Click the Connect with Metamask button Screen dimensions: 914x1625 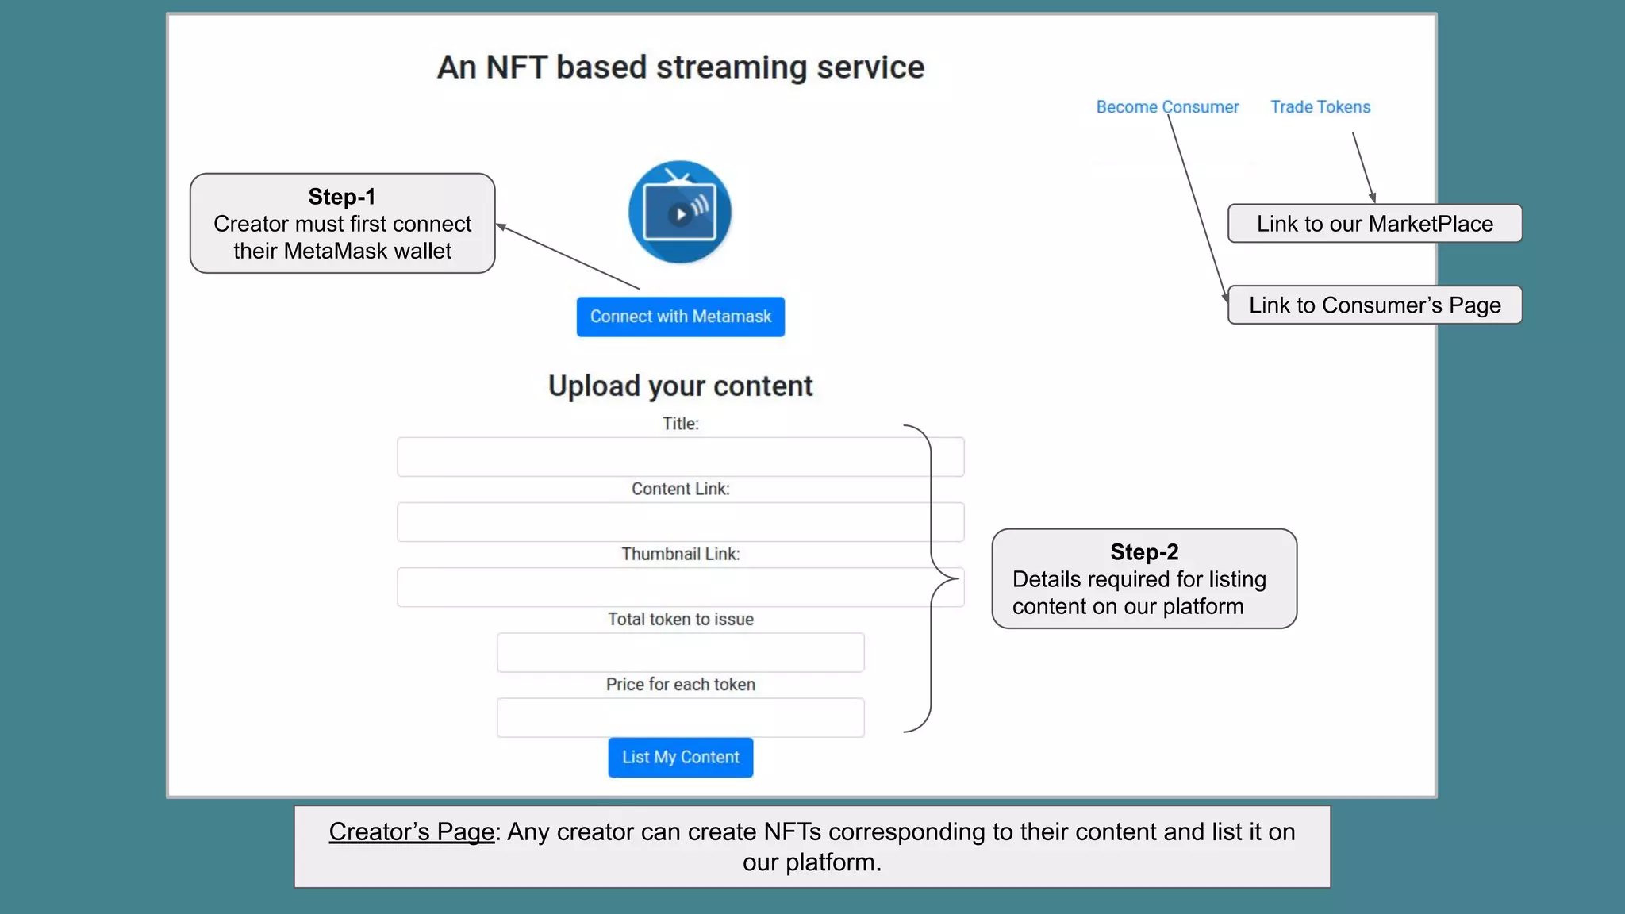click(x=680, y=317)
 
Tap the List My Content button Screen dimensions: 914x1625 click(x=680, y=757)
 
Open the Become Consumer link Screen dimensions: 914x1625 click(x=1166, y=107)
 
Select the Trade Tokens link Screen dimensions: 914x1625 click(x=1320, y=107)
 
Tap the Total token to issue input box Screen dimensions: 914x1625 click(x=680, y=652)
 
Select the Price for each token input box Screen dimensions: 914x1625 click(x=680, y=717)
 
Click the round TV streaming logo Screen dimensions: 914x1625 click(x=679, y=212)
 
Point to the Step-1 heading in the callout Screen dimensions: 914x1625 click(x=342, y=197)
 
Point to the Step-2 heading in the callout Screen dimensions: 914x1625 click(x=1144, y=552)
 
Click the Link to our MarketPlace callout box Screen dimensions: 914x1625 click(x=1374, y=224)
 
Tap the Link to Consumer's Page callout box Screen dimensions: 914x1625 click(x=1374, y=305)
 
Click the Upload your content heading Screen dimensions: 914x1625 click(x=680, y=386)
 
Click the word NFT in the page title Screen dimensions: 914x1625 click(x=516, y=67)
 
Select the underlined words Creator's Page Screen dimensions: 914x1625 click(x=411, y=831)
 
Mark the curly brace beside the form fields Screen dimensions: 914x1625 click(x=931, y=578)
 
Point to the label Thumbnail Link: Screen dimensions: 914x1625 click(x=680, y=554)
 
